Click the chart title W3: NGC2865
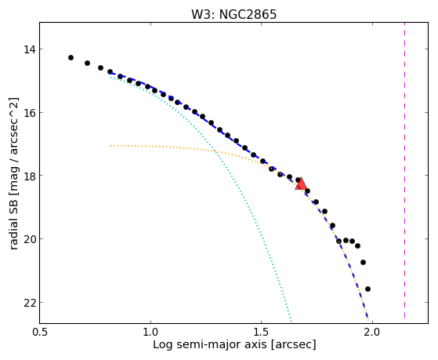(233, 14)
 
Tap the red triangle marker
(301, 184)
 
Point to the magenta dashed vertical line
(404, 170)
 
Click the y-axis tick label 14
(30, 49)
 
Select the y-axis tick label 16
(30, 113)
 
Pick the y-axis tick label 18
(30, 176)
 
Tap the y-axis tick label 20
(30, 239)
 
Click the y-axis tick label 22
(30, 303)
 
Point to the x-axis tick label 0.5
(40, 333)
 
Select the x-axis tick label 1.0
(150, 333)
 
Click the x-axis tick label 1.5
(261, 333)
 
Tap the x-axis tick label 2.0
(372, 333)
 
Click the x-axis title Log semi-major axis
(210, 345)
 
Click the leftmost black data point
(71, 57)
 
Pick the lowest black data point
(368, 289)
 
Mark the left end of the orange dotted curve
(110, 146)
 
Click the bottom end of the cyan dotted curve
(291, 321)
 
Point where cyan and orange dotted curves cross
(215, 151)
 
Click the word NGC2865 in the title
(248, 14)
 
